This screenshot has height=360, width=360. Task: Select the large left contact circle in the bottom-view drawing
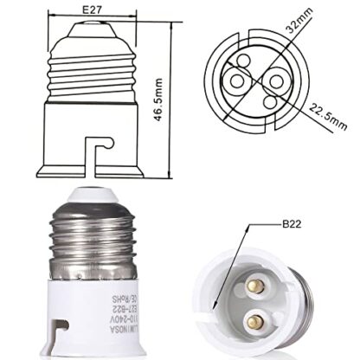pyautogui.click(x=236, y=79)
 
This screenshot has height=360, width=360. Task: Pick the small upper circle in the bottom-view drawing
pyautogui.click(x=257, y=61)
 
